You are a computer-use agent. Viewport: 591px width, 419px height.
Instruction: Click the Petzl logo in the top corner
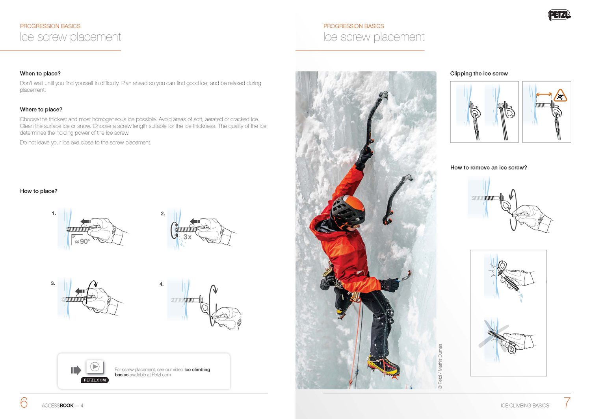(559, 15)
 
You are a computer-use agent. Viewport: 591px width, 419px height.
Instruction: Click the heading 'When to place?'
(40, 74)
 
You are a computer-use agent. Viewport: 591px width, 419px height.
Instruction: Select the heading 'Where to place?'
(41, 109)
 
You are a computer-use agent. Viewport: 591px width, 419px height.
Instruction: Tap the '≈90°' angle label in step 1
(82, 241)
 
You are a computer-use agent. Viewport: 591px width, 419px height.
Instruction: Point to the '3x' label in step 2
(188, 237)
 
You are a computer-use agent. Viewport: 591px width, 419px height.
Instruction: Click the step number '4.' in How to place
(162, 284)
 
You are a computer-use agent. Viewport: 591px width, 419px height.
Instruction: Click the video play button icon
(95, 367)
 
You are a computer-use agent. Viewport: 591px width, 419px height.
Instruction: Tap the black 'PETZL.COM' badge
(95, 380)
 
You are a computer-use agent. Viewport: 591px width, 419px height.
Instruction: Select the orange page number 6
(24, 402)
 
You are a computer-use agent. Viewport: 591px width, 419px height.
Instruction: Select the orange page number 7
(567, 402)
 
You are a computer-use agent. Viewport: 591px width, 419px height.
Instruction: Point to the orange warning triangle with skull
(560, 96)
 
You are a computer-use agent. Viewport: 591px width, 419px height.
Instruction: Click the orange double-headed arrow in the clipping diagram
(544, 95)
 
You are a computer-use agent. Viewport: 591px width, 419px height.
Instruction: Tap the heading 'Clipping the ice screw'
(479, 74)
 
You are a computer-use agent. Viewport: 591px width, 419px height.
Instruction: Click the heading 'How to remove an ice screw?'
(488, 168)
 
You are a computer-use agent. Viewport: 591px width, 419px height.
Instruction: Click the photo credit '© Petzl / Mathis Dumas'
(440, 366)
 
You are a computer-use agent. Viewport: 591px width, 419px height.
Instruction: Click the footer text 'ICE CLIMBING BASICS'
(524, 406)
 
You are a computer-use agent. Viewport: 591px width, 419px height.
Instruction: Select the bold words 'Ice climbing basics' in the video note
(197, 370)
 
